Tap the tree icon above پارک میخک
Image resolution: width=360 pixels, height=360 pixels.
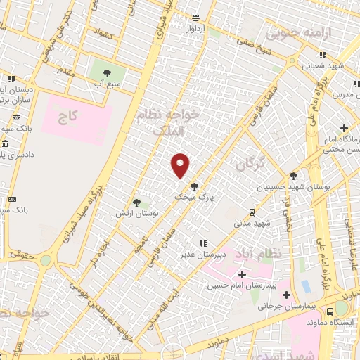click(x=194, y=186)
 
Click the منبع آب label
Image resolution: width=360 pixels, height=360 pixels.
click(x=108, y=83)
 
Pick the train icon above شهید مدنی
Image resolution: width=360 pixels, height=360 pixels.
click(x=252, y=211)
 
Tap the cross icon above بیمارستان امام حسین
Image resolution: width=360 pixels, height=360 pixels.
click(x=243, y=274)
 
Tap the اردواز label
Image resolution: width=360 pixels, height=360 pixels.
click(x=195, y=29)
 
